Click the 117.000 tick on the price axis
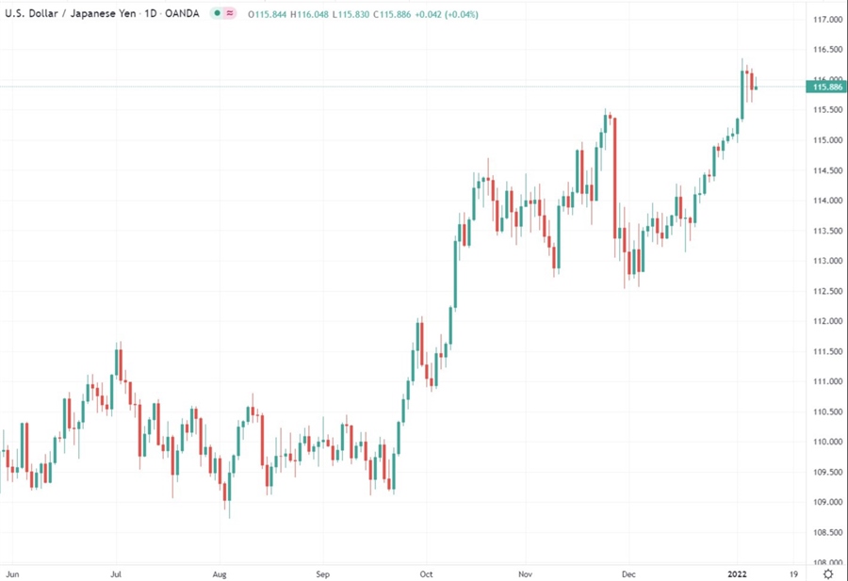click(x=826, y=20)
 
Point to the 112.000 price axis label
click(x=826, y=321)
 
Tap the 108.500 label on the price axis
click(x=826, y=532)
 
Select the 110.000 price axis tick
click(x=826, y=442)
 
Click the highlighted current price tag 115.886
click(x=826, y=87)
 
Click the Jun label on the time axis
click(x=13, y=573)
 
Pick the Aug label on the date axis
click(x=220, y=573)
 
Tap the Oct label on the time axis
click(x=426, y=573)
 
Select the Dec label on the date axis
click(x=629, y=573)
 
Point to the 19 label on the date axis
click(x=793, y=573)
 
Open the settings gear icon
click(x=827, y=573)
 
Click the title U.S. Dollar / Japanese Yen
click(x=65, y=14)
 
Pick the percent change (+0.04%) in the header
click(x=458, y=14)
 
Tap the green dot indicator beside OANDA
click(x=217, y=14)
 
